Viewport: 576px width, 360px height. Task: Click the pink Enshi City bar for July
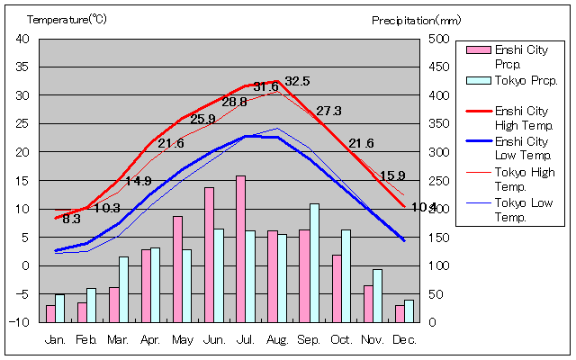(240, 248)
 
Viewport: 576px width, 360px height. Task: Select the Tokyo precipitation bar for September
(314, 263)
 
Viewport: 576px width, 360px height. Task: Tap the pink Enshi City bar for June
(209, 255)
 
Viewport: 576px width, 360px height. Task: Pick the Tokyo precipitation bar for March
(123, 289)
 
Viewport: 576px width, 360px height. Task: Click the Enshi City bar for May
(177, 269)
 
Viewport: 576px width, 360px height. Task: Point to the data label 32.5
(297, 81)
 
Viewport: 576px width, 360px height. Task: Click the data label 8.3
(72, 218)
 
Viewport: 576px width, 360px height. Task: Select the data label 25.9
(203, 119)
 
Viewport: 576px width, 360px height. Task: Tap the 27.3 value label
(329, 111)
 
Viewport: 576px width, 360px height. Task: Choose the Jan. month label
(56, 340)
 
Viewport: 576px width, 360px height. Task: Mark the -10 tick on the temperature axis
(22, 322)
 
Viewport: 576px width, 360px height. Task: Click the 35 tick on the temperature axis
(23, 67)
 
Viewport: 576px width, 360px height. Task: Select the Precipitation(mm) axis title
(416, 19)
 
